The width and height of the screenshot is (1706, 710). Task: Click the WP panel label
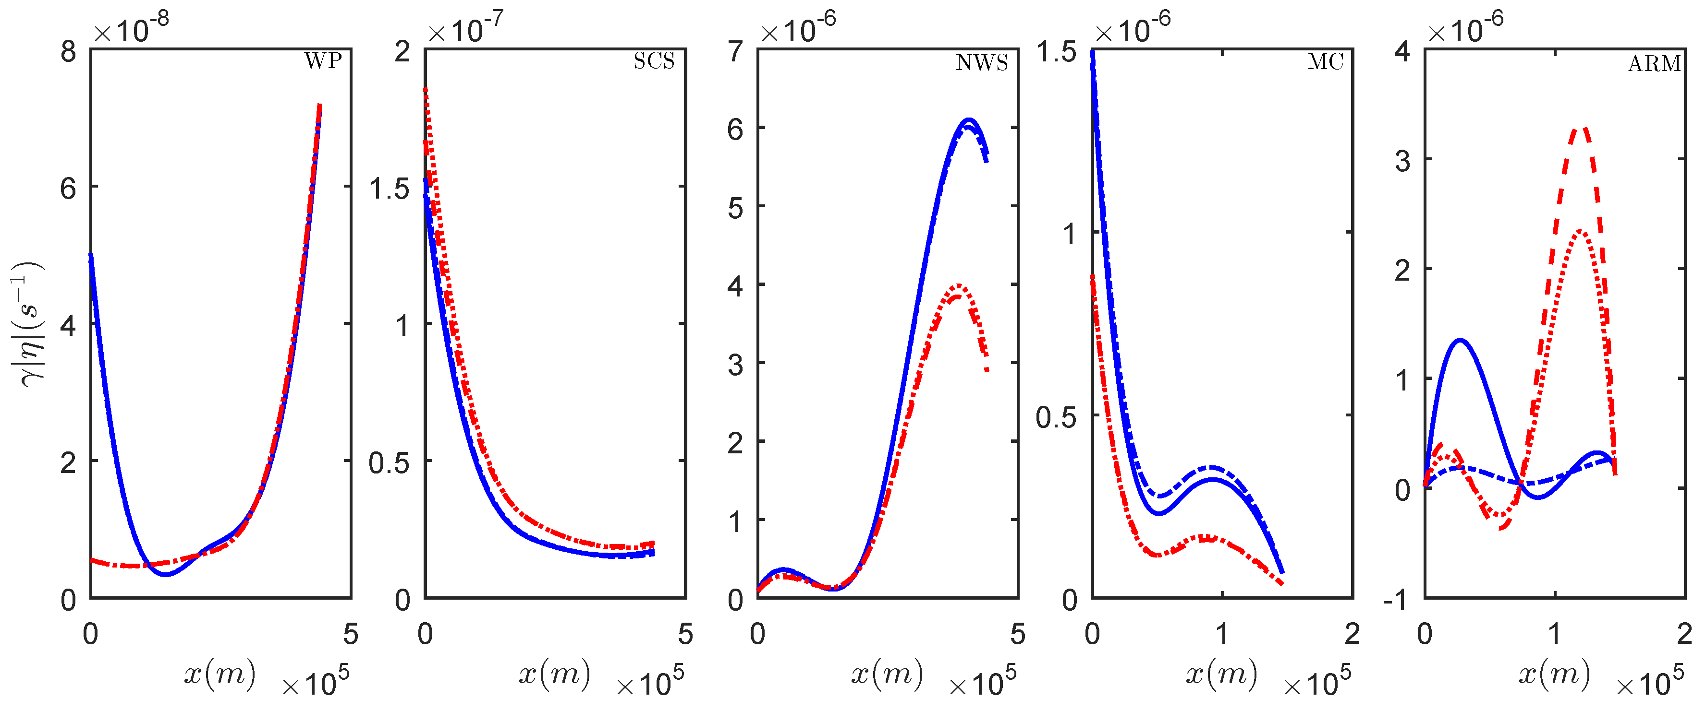(x=323, y=61)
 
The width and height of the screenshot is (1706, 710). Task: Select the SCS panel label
(x=654, y=61)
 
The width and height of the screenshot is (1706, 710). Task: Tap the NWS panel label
(x=982, y=63)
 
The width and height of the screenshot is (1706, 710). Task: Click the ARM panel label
(x=1654, y=63)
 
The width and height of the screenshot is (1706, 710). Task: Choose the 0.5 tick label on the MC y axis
(x=1056, y=417)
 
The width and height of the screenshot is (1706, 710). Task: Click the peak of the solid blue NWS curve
(x=970, y=120)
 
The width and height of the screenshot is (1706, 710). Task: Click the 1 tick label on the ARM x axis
(x=1554, y=634)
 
